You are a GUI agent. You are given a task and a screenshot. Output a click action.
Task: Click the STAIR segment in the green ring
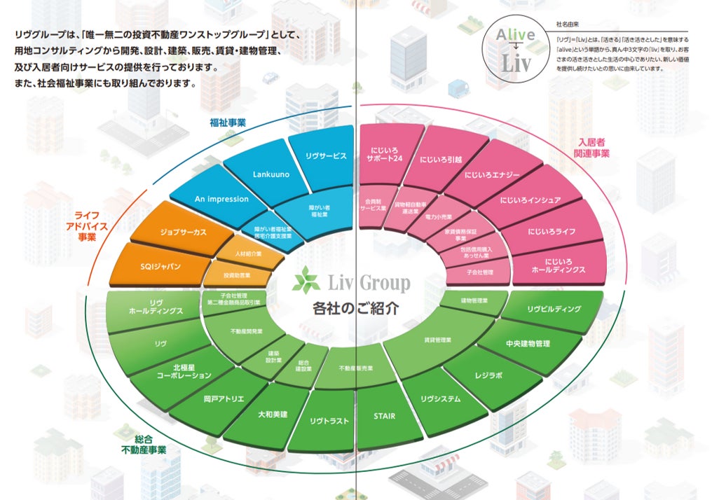tap(385, 416)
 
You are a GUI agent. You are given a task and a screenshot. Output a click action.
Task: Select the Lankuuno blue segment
tap(258, 174)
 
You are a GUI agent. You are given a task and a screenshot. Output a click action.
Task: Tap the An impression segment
tap(221, 199)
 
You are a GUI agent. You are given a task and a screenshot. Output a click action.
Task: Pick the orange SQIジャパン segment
tap(160, 266)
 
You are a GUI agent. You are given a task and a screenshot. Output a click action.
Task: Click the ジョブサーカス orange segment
tap(183, 232)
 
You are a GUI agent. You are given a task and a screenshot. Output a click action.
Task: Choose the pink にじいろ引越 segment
tap(441, 159)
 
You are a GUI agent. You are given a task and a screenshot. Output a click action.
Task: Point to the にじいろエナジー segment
tap(489, 176)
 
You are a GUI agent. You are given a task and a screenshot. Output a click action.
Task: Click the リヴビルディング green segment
tap(554, 309)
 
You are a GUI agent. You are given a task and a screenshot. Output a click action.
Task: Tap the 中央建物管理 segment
tap(528, 344)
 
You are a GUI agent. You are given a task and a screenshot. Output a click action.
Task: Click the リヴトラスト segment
tap(329, 420)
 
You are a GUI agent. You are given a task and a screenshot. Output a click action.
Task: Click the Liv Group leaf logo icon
tap(306, 282)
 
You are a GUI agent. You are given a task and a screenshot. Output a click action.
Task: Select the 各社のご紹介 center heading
tap(356, 308)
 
